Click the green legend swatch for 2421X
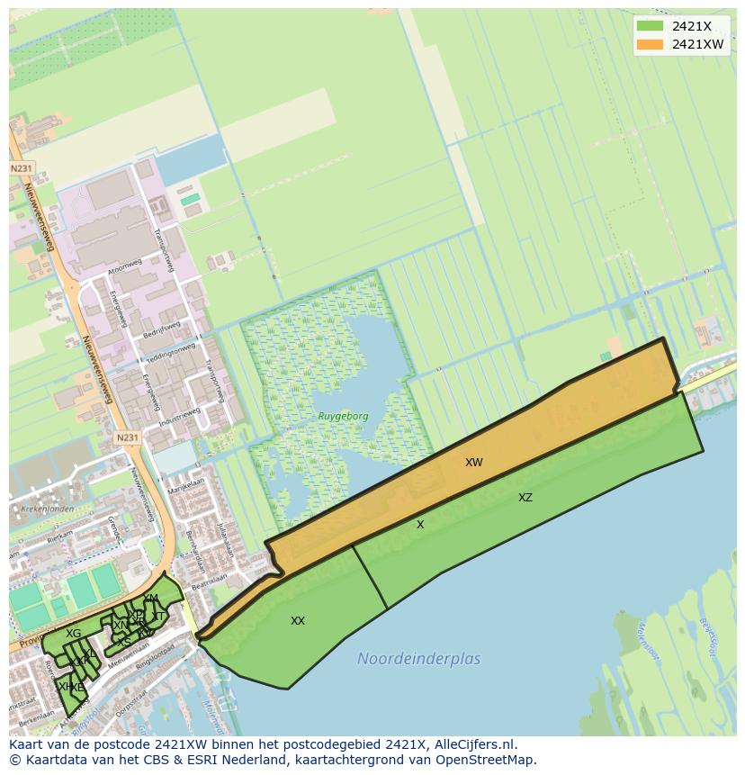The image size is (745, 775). [x=649, y=25]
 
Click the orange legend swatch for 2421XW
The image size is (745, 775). [x=649, y=43]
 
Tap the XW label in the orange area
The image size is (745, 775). [x=474, y=463]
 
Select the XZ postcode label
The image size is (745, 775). [x=525, y=498]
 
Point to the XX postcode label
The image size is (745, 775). [x=298, y=621]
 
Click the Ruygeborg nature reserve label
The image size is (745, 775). [x=342, y=417]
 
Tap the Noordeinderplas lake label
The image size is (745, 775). [x=418, y=659]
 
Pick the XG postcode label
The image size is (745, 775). [x=73, y=634]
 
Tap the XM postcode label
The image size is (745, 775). [x=150, y=599]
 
